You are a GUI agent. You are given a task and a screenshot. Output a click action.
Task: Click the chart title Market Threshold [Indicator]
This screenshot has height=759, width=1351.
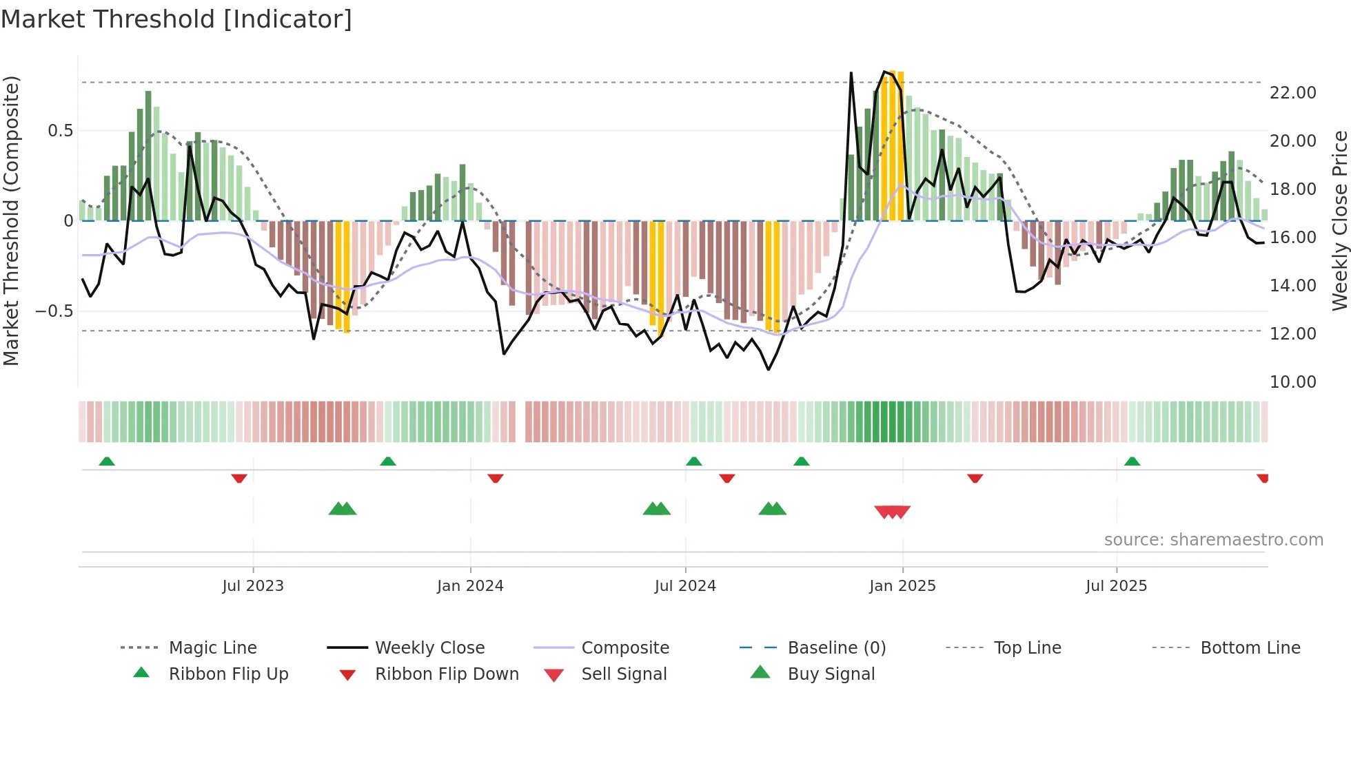[176, 19]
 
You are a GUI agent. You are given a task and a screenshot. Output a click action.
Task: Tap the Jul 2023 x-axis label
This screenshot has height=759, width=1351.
[253, 586]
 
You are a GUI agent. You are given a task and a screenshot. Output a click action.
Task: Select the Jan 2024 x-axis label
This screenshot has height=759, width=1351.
[470, 586]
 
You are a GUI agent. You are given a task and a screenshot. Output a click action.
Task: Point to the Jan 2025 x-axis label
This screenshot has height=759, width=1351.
[902, 586]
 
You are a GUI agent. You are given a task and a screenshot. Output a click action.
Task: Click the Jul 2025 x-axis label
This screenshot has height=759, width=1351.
[1116, 586]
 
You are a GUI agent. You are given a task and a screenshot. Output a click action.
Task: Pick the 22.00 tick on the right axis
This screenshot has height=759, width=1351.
[1292, 93]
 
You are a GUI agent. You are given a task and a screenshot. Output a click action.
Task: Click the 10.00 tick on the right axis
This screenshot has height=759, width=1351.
[1292, 382]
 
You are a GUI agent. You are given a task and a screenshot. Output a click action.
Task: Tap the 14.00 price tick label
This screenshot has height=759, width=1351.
[1292, 286]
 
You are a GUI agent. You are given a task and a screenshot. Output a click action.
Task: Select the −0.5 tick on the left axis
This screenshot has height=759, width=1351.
[54, 311]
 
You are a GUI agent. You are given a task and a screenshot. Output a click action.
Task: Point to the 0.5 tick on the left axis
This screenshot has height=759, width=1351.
[60, 131]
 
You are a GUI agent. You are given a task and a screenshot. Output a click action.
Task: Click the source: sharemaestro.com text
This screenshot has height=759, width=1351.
[1213, 540]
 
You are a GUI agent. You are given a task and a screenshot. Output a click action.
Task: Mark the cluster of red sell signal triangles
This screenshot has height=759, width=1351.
[893, 512]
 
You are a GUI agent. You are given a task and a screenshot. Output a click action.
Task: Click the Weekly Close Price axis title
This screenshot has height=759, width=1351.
[1339, 220]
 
